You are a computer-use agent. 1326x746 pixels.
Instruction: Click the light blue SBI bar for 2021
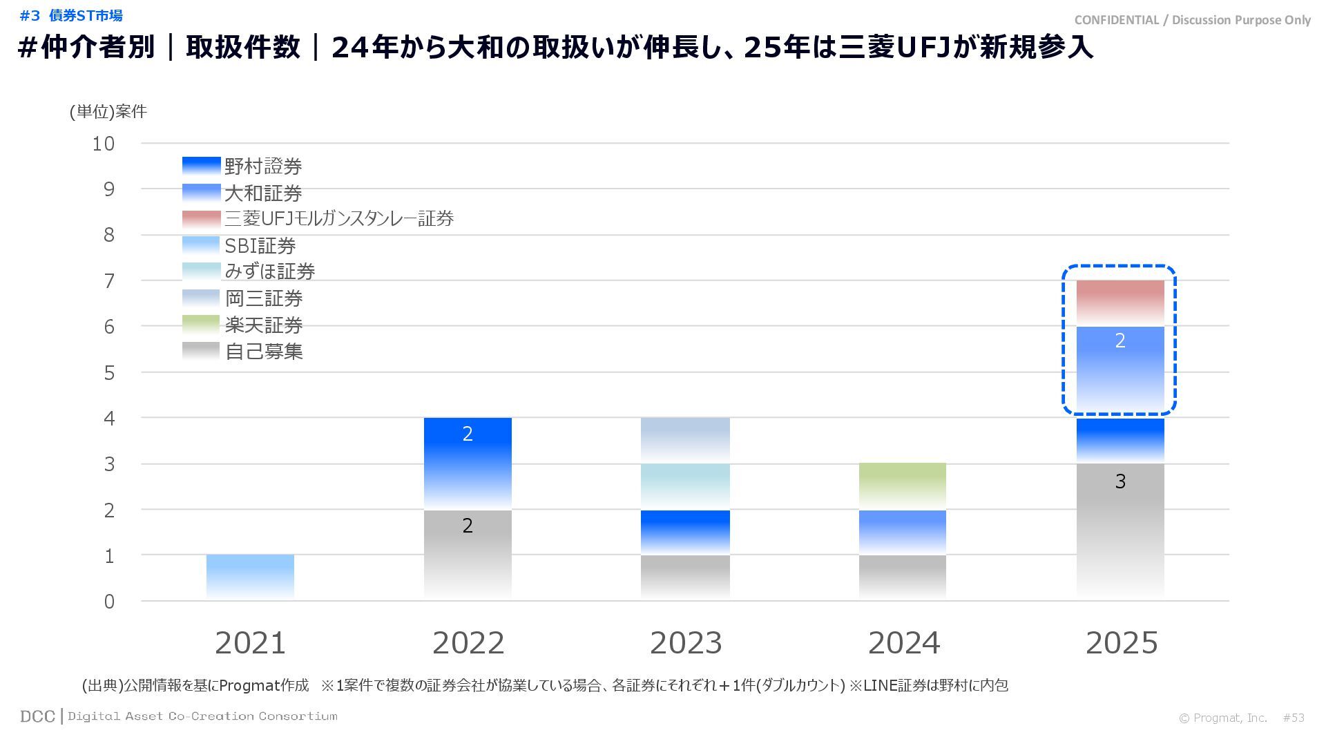point(250,577)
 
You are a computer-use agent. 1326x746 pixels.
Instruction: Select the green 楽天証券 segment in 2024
point(903,486)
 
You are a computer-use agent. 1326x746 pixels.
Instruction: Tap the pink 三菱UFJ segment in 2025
point(1120,303)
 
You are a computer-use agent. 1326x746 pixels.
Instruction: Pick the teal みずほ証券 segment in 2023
point(685,486)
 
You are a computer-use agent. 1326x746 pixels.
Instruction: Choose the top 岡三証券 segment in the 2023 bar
point(685,440)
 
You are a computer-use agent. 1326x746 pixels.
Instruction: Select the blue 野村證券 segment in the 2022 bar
point(468,463)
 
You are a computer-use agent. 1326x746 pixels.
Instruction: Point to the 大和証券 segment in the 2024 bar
point(903,532)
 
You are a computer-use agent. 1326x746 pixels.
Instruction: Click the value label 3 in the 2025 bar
point(1120,481)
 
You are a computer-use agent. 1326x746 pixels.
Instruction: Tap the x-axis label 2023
point(685,643)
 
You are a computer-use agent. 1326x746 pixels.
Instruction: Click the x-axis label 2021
point(250,643)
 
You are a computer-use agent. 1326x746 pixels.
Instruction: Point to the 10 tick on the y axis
point(104,144)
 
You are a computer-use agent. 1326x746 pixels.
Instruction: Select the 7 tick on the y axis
point(109,281)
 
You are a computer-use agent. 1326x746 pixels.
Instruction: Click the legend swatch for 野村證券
point(201,166)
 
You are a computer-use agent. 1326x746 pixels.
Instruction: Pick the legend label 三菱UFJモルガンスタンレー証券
point(339,219)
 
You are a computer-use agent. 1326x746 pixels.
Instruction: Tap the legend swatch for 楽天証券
point(201,325)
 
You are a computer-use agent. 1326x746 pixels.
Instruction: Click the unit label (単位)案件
point(108,112)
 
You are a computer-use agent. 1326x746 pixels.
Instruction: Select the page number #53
point(1294,718)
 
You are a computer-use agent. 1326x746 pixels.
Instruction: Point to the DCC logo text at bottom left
point(37,716)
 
